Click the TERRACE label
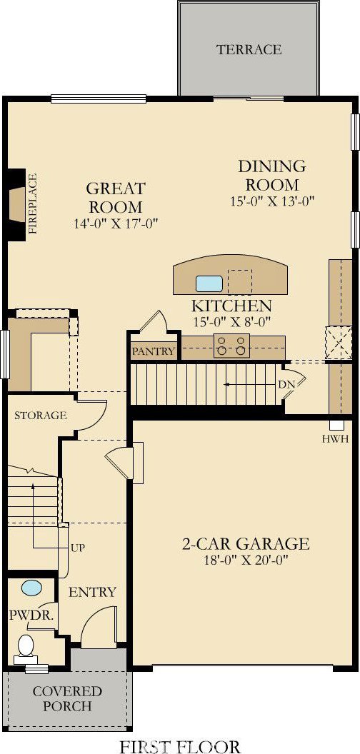click(x=249, y=49)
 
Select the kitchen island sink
click(x=209, y=283)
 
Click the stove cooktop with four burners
click(x=232, y=346)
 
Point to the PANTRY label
click(x=154, y=351)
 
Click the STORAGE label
click(x=40, y=416)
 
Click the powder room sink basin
click(x=31, y=588)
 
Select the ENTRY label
click(x=92, y=591)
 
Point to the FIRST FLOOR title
click(x=180, y=746)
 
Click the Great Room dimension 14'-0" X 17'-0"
click(x=116, y=223)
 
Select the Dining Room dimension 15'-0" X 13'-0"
click(x=272, y=201)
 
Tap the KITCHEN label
click(x=232, y=306)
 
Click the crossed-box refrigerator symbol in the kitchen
click(x=339, y=343)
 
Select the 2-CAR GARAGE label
click(x=246, y=543)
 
